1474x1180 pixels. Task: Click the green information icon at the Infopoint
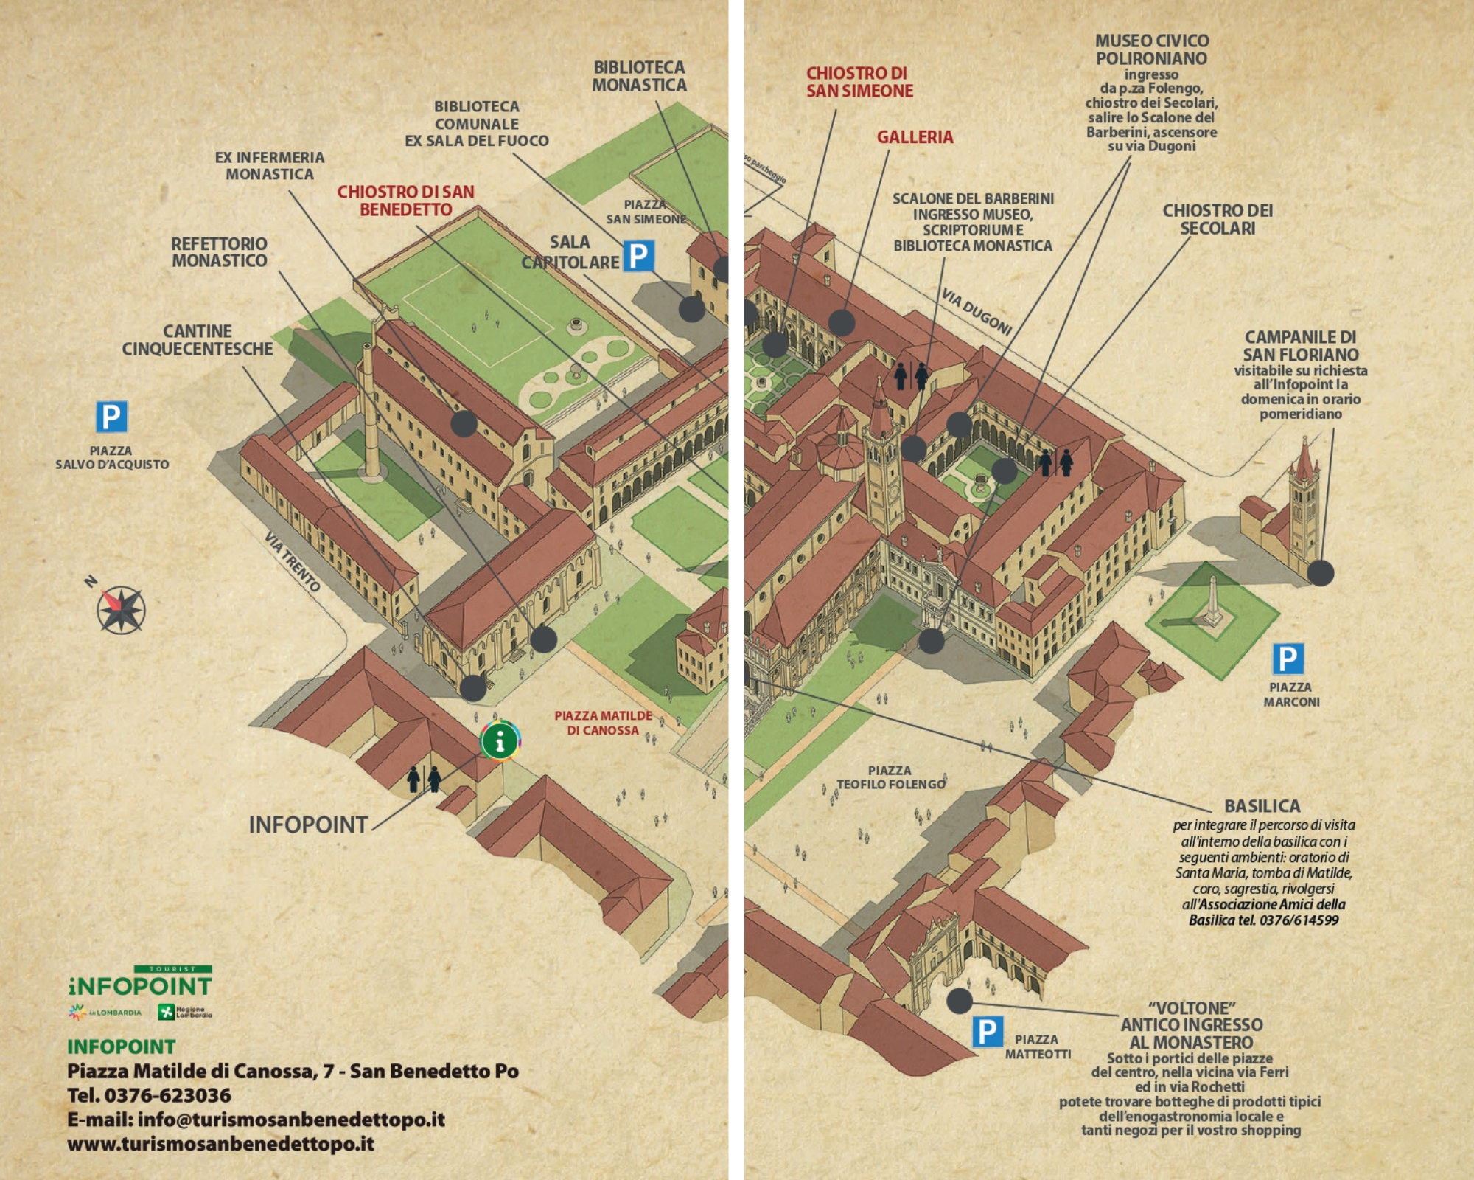(x=500, y=740)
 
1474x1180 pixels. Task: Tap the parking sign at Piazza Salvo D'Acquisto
(x=111, y=417)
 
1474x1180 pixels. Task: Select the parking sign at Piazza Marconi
(x=1288, y=659)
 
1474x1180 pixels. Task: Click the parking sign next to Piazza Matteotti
(x=987, y=1031)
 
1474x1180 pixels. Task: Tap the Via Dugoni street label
(x=976, y=311)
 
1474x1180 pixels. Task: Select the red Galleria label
(x=915, y=136)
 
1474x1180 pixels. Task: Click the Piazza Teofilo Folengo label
(x=890, y=777)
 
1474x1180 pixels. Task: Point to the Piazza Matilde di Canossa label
(x=603, y=723)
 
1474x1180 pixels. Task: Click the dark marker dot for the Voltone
(x=960, y=1001)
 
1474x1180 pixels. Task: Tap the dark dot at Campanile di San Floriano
(x=1321, y=572)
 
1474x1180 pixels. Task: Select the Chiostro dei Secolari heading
(x=1218, y=219)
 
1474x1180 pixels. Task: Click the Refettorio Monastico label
(x=220, y=251)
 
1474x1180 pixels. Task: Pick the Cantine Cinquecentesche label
(x=198, y=340)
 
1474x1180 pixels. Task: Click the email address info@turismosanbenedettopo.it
(x=291, y=1119)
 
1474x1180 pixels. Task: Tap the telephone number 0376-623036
(x=167, y=1095)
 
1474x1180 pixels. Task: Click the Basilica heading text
(x=1262, y=806)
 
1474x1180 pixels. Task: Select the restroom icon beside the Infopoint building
(x=425, y=779)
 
